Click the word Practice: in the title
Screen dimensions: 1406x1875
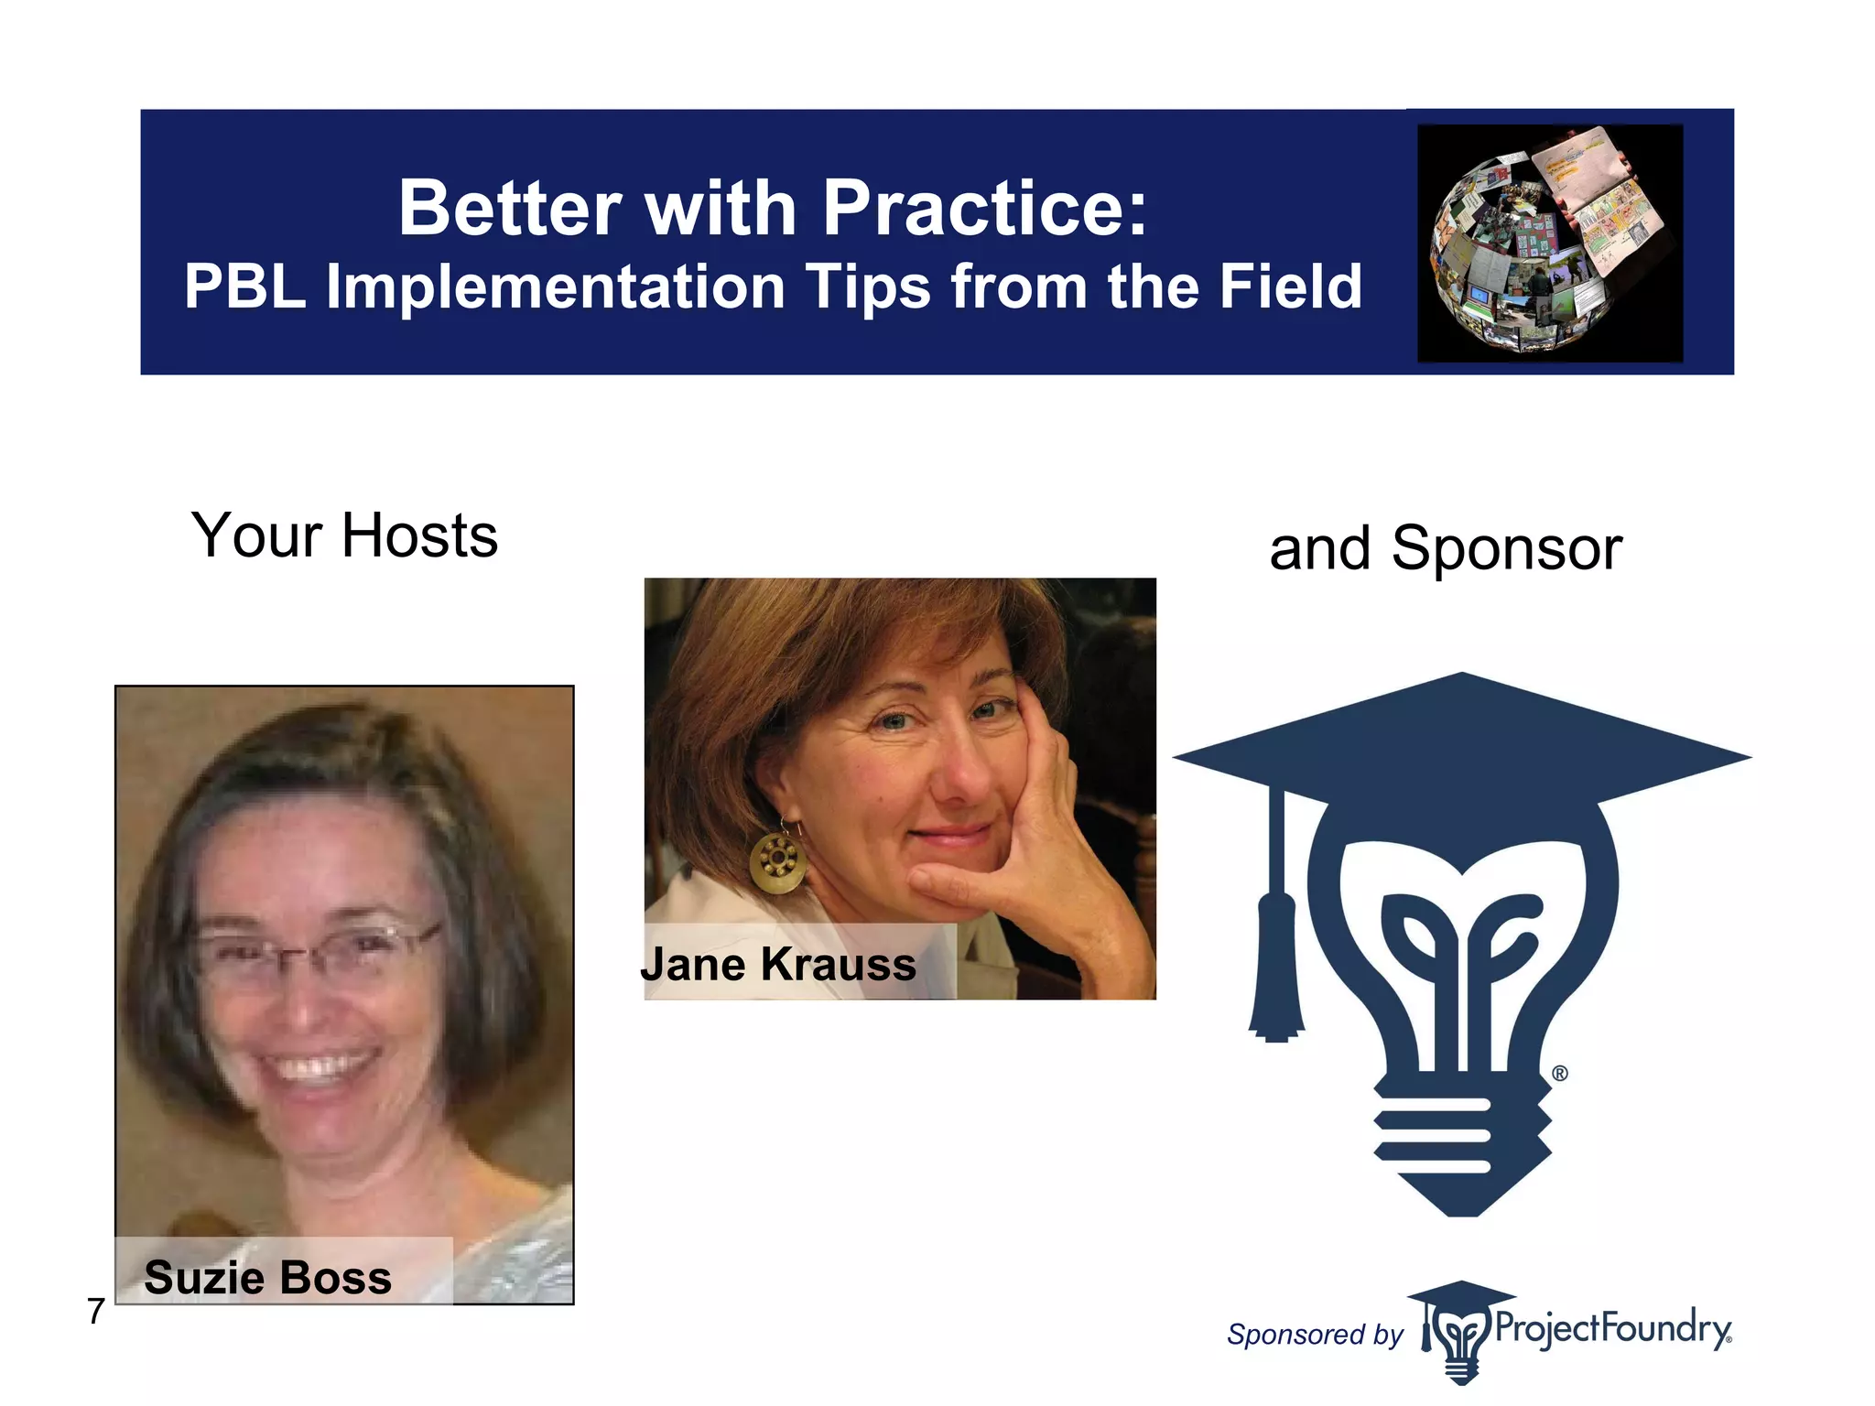[984, 209]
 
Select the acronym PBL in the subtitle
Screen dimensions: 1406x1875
[244, 287]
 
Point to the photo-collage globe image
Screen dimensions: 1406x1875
[1549, 243]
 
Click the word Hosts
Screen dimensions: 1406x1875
[419, 535]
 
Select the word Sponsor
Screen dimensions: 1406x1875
[1506, 549]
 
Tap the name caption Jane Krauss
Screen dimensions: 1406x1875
[778, 964]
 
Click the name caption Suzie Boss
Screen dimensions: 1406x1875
[267, 1277]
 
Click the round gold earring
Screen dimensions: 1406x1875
[777, 861]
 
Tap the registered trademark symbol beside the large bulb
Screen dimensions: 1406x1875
[1560, 1073]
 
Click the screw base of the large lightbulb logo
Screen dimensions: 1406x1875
[1462, 1144]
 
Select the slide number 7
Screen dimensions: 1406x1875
[96, 1312]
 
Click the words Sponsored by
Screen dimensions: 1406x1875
[1315, 1335]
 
